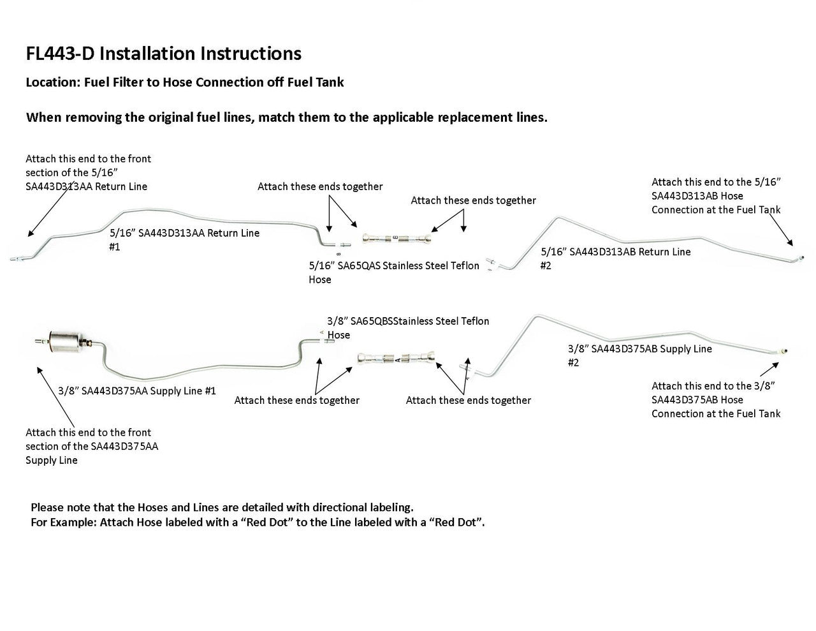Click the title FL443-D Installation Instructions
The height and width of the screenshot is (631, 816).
click(163, 54)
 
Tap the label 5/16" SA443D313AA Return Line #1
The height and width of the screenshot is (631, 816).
click(184, 239)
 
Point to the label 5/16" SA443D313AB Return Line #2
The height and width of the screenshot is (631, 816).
click(615, 258)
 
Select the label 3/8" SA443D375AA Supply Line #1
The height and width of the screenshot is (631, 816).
click(136, 390)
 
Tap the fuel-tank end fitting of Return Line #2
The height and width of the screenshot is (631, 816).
click(801, 257)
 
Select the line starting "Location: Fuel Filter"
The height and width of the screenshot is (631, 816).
click(184, 82)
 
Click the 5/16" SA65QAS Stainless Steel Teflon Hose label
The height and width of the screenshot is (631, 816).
click(393, 272)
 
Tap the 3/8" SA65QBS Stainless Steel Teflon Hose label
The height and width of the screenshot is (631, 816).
click(408, 327)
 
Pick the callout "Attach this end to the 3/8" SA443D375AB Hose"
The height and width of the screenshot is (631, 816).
click(715, 399)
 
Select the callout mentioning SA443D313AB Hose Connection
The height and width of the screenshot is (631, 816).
click(715, 196)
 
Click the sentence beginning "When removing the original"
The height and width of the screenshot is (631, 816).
click(286, 118)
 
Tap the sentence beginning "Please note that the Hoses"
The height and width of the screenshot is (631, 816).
click(222, 508)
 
